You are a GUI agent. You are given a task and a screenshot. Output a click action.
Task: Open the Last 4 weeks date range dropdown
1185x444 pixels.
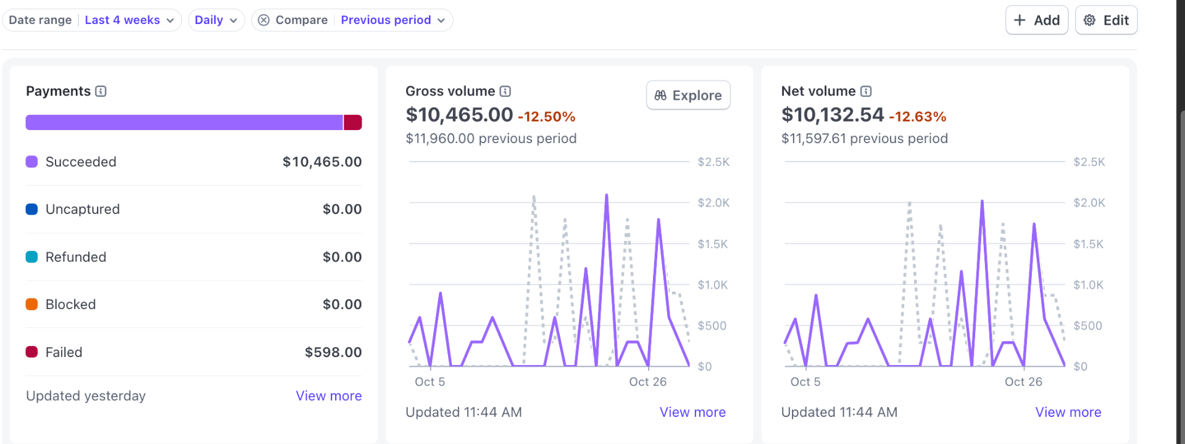pos(129,20)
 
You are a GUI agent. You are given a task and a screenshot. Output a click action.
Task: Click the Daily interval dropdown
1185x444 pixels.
pos(215,20)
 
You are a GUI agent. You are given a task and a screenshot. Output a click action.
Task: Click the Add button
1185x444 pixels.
pos(1036,20)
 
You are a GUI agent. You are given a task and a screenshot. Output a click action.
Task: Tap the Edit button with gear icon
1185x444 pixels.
pos(1106,20)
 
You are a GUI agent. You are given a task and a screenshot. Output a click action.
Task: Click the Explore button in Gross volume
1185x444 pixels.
pos(688,96)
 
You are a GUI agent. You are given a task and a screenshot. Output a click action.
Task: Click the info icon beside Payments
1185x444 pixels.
pos(101,91)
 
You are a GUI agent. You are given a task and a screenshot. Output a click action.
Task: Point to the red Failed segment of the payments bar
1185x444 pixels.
pos(352,122)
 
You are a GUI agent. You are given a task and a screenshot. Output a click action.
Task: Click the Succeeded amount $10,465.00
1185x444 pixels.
pos(322,162)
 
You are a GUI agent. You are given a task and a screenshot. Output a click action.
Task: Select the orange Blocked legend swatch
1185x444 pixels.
pos(31,304)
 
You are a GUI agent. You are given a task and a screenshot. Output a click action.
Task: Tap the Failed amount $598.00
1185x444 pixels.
pos(333,352)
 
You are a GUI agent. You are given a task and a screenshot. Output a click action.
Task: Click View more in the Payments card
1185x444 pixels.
pos(328,396)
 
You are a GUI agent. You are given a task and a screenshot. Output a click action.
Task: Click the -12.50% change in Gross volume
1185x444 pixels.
pos(546,117)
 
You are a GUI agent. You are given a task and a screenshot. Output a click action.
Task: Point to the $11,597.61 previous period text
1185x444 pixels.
pos(864,139)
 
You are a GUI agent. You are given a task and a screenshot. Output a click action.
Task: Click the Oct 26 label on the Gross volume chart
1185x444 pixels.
pos(647,382)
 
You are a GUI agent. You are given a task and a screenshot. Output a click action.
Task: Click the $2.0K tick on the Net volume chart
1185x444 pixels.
pos(1089,203)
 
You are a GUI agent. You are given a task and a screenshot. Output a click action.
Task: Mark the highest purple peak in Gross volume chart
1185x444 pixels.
pos(607,195)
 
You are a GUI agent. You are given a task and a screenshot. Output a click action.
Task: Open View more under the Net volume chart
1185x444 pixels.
pos(1068,412)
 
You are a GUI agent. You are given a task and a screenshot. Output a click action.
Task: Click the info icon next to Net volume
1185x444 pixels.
pos(866,91)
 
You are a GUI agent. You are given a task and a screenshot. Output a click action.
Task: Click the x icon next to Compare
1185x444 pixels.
pos(264,20)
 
